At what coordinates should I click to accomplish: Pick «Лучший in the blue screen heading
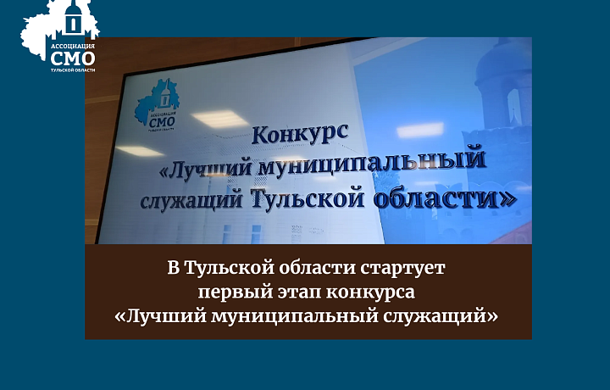211,168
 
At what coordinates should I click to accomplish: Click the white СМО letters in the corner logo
73,58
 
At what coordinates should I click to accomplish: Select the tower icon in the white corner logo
74,19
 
